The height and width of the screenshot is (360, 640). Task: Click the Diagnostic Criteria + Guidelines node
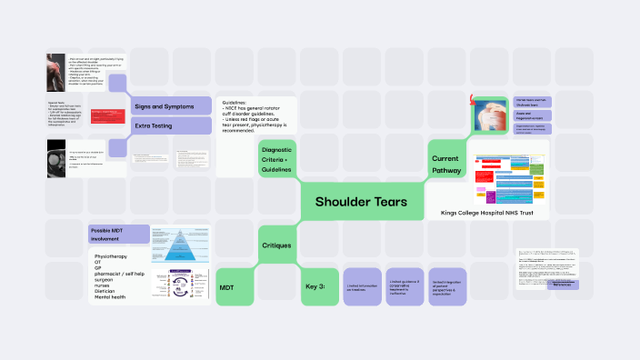tap(275, 158)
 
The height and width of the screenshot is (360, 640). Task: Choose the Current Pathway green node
tap(446, 164)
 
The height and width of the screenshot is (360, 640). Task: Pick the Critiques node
tap(276, 245)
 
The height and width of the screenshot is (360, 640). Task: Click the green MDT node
tap(227, 287)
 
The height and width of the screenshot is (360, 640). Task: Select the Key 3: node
tap(315, 287)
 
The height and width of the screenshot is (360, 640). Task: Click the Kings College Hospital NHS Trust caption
tap(486, 212)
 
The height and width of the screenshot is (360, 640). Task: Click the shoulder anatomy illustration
tap(490, 116)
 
